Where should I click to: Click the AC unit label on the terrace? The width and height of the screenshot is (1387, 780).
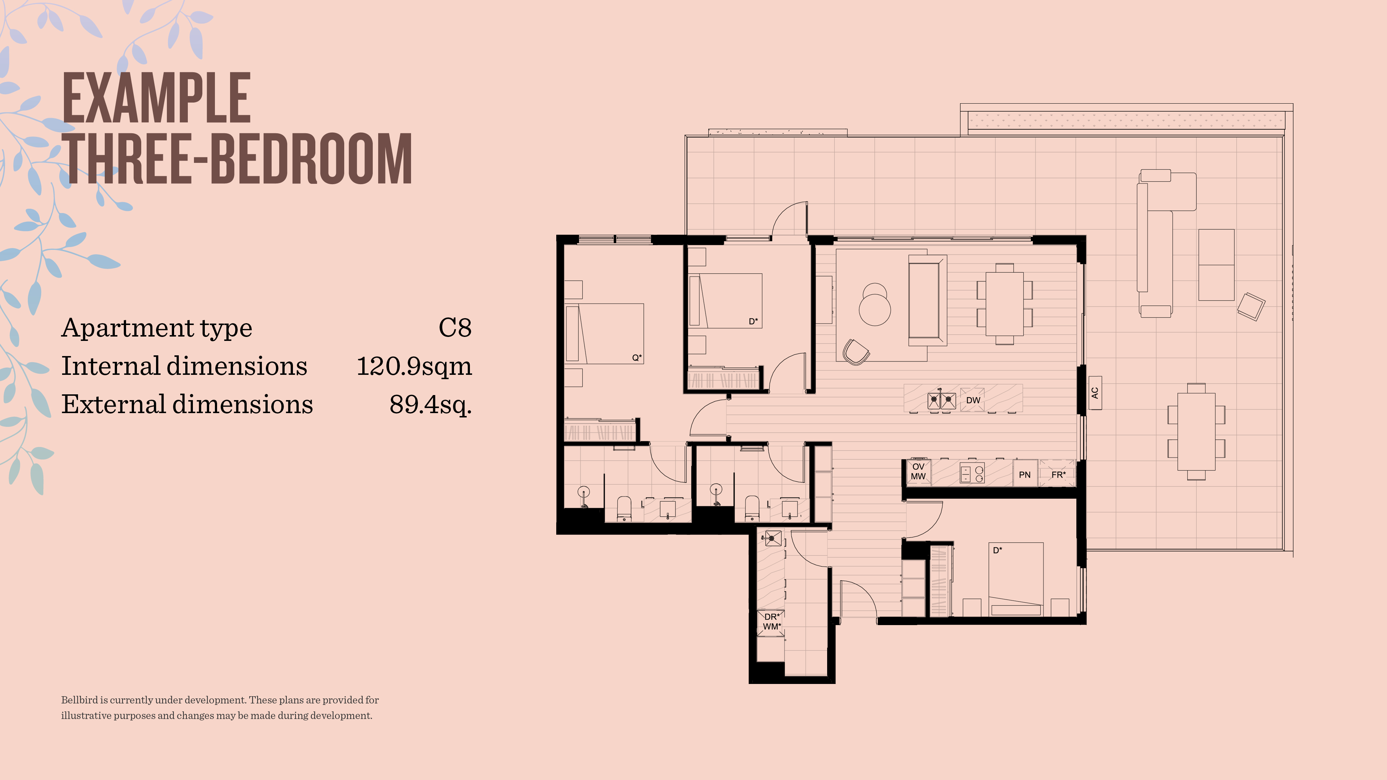1095,393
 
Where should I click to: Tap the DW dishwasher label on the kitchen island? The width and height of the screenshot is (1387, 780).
973,400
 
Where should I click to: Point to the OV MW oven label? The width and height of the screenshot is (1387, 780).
918,472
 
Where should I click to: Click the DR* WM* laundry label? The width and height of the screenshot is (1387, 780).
772,622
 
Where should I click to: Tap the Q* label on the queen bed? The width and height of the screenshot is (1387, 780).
637,357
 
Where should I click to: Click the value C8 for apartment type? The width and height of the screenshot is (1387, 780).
455,328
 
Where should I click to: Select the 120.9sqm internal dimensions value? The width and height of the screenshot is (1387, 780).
414,367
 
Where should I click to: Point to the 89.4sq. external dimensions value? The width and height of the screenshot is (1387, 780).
431,405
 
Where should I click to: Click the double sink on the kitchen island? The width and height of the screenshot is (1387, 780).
942,400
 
